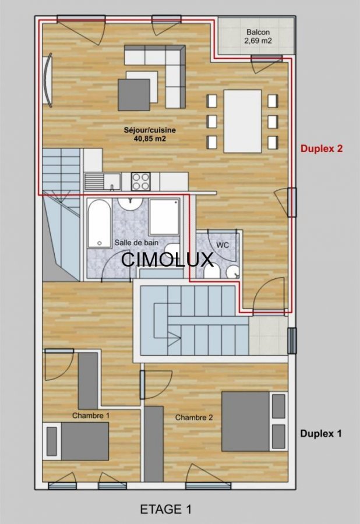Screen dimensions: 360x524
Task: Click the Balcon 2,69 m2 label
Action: tap(259, 37)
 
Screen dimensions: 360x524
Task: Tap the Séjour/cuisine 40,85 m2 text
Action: tap(150, 134)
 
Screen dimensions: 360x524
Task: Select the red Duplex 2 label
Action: tap(322, 148)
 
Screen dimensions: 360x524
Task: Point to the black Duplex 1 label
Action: tap(321, 433)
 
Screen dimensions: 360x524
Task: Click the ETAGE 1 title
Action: tap(166, 509)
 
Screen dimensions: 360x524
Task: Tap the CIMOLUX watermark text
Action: tap(167, 259)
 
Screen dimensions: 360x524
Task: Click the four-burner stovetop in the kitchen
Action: tap(141, 182)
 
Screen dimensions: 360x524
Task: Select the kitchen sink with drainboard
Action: tap(103, 182)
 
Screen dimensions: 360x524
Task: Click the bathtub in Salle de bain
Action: tap(99, 224)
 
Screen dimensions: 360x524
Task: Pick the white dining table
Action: tap(243, 121)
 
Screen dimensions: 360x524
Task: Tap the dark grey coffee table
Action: tap(134, 94)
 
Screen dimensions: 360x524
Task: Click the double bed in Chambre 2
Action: tap(255, 422)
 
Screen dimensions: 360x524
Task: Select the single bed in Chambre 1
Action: tap(76, 441)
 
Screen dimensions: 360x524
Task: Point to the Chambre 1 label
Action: tap(91, 416)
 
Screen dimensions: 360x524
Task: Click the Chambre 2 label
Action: tap(194, 417)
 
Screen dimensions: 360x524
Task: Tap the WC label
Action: tap(223, 245)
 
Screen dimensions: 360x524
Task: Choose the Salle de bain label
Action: tap(136, 243)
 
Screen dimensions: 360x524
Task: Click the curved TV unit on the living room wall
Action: tap(48, 80)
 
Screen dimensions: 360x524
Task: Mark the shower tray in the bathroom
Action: tap(164, 217)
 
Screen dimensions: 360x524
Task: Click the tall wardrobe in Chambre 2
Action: tap(154, 444)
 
